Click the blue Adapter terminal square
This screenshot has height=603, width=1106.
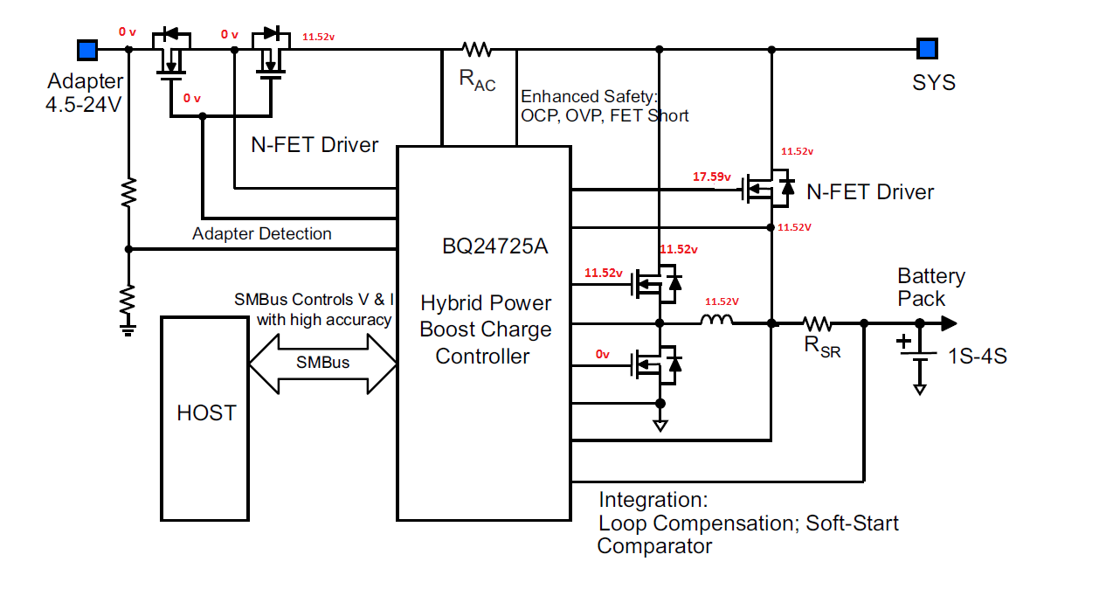point(86,49)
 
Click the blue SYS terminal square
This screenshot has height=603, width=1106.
point(927,49)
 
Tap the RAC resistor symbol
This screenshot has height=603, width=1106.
point(478,49)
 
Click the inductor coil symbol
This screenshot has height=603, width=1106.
point(716,323)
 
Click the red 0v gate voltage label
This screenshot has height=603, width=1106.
point(603,354)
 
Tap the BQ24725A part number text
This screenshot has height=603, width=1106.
point(494,246)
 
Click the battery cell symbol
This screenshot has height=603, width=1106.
point(919,353)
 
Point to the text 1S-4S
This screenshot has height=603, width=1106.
point(978,356)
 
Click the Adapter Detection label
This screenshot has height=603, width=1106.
point(262,234)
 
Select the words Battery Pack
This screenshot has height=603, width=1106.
point(931,288)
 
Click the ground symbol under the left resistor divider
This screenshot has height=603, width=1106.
point(128,329)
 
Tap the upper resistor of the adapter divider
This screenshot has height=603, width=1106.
point(128,192)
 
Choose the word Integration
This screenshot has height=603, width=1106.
point(653,501)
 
